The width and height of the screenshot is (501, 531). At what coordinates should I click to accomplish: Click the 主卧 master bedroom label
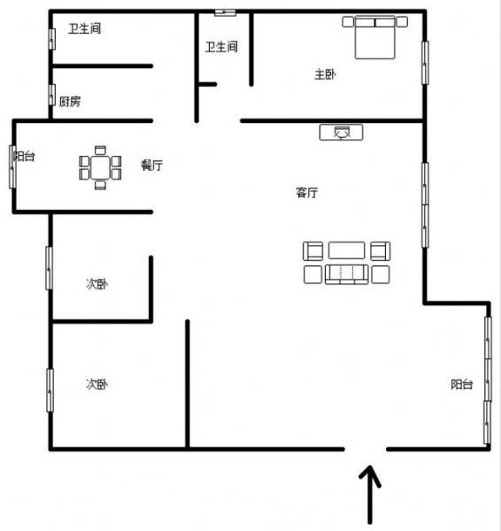325,74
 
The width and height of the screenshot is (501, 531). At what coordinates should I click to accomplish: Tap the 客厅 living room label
306,193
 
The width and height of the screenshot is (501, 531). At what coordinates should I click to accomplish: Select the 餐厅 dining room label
151,165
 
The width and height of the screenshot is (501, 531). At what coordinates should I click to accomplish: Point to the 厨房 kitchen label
70,101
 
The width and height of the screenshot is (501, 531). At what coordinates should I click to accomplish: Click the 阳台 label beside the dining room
24,156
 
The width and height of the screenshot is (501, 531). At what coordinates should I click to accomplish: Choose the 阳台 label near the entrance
462,384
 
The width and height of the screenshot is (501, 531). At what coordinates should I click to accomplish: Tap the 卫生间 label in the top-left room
85,28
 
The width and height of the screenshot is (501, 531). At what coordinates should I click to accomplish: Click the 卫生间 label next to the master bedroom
221,46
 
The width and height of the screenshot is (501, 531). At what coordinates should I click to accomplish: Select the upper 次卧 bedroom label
96,284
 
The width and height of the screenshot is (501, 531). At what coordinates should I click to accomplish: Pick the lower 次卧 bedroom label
96,384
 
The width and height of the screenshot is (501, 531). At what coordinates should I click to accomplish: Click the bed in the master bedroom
375,37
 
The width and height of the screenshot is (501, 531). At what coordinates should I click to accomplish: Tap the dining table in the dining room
100,167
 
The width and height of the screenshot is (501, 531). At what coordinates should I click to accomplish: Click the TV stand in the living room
342,132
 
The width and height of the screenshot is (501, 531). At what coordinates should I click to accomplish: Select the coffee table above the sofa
346,250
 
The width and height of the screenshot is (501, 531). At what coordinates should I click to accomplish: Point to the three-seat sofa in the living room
346,274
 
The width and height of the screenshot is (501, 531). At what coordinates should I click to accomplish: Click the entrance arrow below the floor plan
370,495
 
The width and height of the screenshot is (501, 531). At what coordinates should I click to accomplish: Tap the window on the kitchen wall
52,95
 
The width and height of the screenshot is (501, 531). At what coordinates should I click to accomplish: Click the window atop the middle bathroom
225,12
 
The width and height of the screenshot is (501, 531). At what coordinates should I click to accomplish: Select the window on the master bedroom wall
425,63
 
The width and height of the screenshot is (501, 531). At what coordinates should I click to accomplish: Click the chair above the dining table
100,150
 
